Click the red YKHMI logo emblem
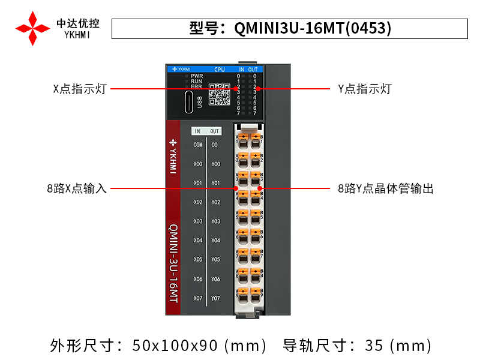tap(32, 28)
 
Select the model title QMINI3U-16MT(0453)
tap(290, 28)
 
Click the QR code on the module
tap(219, 95)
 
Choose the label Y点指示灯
tap(364, 89)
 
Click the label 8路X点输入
tap(77, 188)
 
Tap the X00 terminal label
tap(198, 164)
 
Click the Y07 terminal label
tap(215, 298)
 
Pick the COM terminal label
tap(198, 145)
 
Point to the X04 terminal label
tap(198, 241)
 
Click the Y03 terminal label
tap(215, 221)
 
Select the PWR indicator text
tap(197, 76)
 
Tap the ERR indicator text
tap(197, 86)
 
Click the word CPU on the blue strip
tap(220, 70)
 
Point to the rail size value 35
tap(374, 346)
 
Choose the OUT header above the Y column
tap(215, 131)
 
